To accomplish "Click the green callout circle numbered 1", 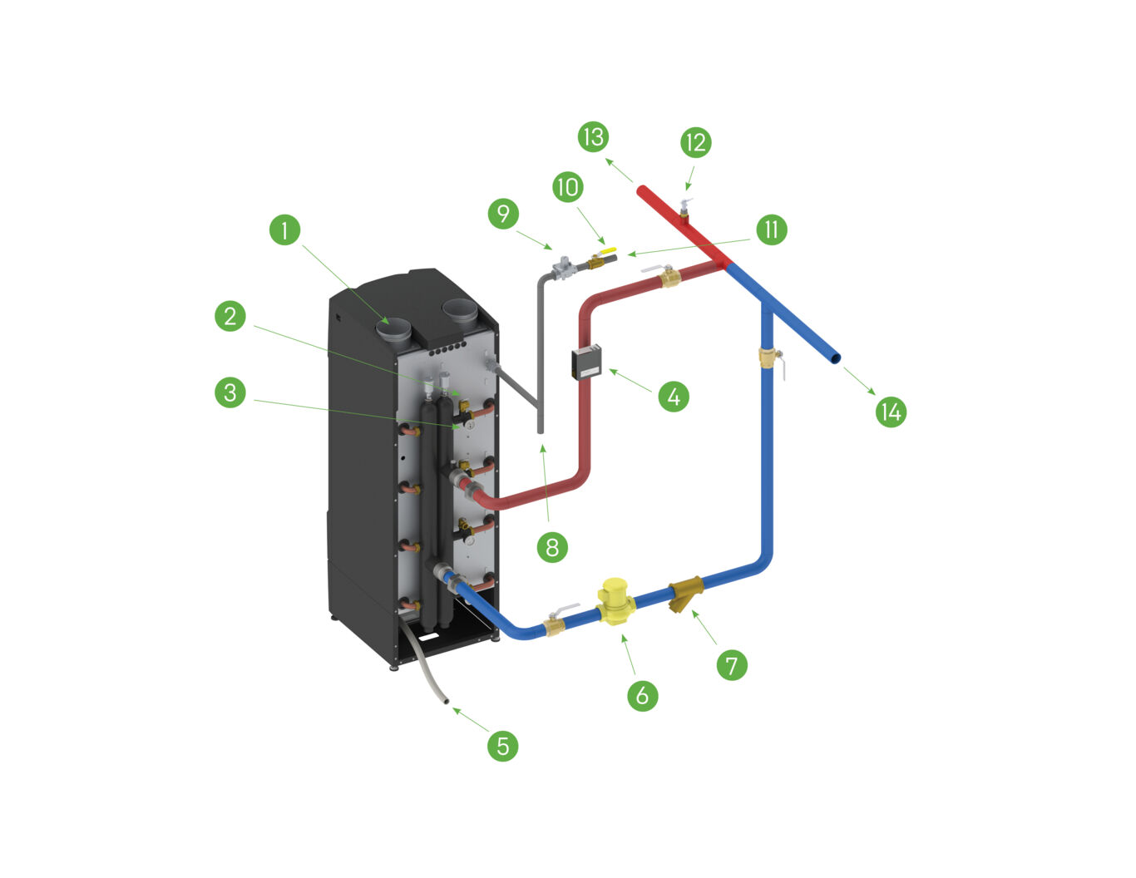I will click(x=285, y=229).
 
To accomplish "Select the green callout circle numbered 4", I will click(x=674, y=397).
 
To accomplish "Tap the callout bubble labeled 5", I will click(x=502, y=745).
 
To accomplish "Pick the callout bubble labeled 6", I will click(x=642, y=695).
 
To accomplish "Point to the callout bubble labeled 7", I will click(x=732, y=664).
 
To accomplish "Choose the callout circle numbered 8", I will click(x=552, y=546).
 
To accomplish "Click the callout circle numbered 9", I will click(x=503, y=214).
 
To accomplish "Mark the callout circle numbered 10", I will click(x=568, y=186).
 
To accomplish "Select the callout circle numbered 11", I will click(x=771, y=229).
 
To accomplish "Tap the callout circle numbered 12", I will click(x=695, y=142).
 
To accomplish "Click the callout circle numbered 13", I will click(x=593, y=136).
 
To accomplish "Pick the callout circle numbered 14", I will click(x=891, y=412).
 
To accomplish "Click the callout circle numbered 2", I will click(x=230, y=315).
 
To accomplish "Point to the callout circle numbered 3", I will click(x=230, y=392).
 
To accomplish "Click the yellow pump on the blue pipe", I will click(x=617, y=602).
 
